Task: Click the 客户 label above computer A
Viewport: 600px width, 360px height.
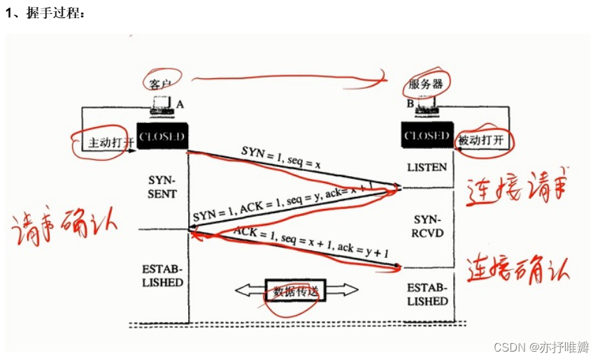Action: (160, 82)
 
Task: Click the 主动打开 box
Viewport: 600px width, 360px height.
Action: (104, 142)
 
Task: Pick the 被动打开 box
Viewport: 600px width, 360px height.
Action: (481, 140)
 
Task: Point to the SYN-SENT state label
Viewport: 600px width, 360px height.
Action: (163, 185)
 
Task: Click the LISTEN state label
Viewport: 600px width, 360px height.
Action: (427, 168)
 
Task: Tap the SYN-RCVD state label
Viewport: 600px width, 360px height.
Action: (427, 226)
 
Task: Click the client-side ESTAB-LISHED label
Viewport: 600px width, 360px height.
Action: (162, 275)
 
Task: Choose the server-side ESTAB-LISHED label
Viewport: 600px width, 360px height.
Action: (427, 294)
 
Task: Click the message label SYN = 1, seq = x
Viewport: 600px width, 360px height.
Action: (281, 157)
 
